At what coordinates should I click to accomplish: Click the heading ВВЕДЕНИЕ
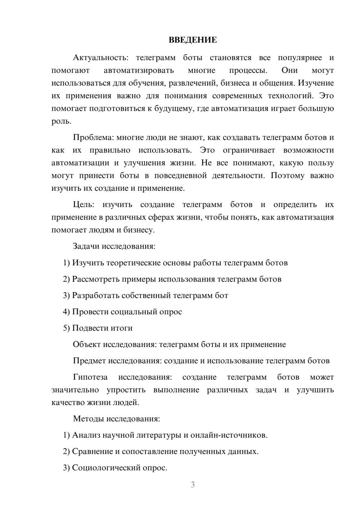[x=193, y=40]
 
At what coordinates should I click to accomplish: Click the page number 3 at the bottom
[x=193, y=485]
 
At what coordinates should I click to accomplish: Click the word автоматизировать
[x=139, y=71]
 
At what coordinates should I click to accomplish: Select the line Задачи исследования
[x=114, y=246]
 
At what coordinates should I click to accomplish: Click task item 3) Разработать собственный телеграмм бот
[x=145, y=296]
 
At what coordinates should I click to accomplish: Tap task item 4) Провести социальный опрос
[x=122, y=312]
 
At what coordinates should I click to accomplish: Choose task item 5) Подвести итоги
[x=98, y=328]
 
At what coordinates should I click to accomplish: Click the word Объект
[x=86, y=344]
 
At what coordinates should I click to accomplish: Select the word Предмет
[x=89, y=361]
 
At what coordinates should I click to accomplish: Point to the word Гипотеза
[x=90, y=377]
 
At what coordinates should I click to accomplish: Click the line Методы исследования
[x=116, y=419]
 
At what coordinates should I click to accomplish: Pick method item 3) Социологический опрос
[x=115, y=468]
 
